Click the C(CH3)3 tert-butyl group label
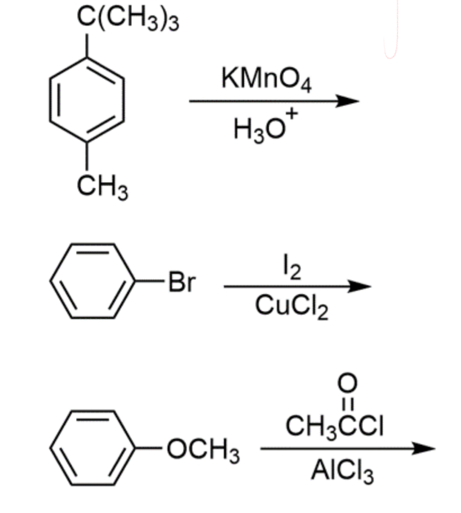tap(128, 20)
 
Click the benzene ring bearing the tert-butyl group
tap(87, 99)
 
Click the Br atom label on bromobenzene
tap(182, 283)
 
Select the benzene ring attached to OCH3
tap(93, 447)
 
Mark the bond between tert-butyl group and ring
tap(87, 45)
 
